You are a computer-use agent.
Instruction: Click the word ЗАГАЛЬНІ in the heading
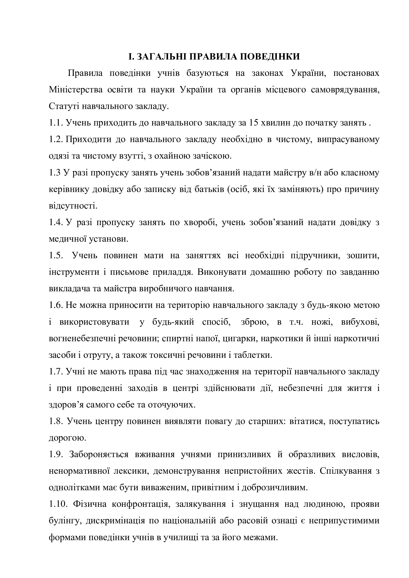(x=160, y=56)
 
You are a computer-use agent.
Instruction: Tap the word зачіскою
(x=212, y=156)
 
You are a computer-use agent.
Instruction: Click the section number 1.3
(x=55, y=173)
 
